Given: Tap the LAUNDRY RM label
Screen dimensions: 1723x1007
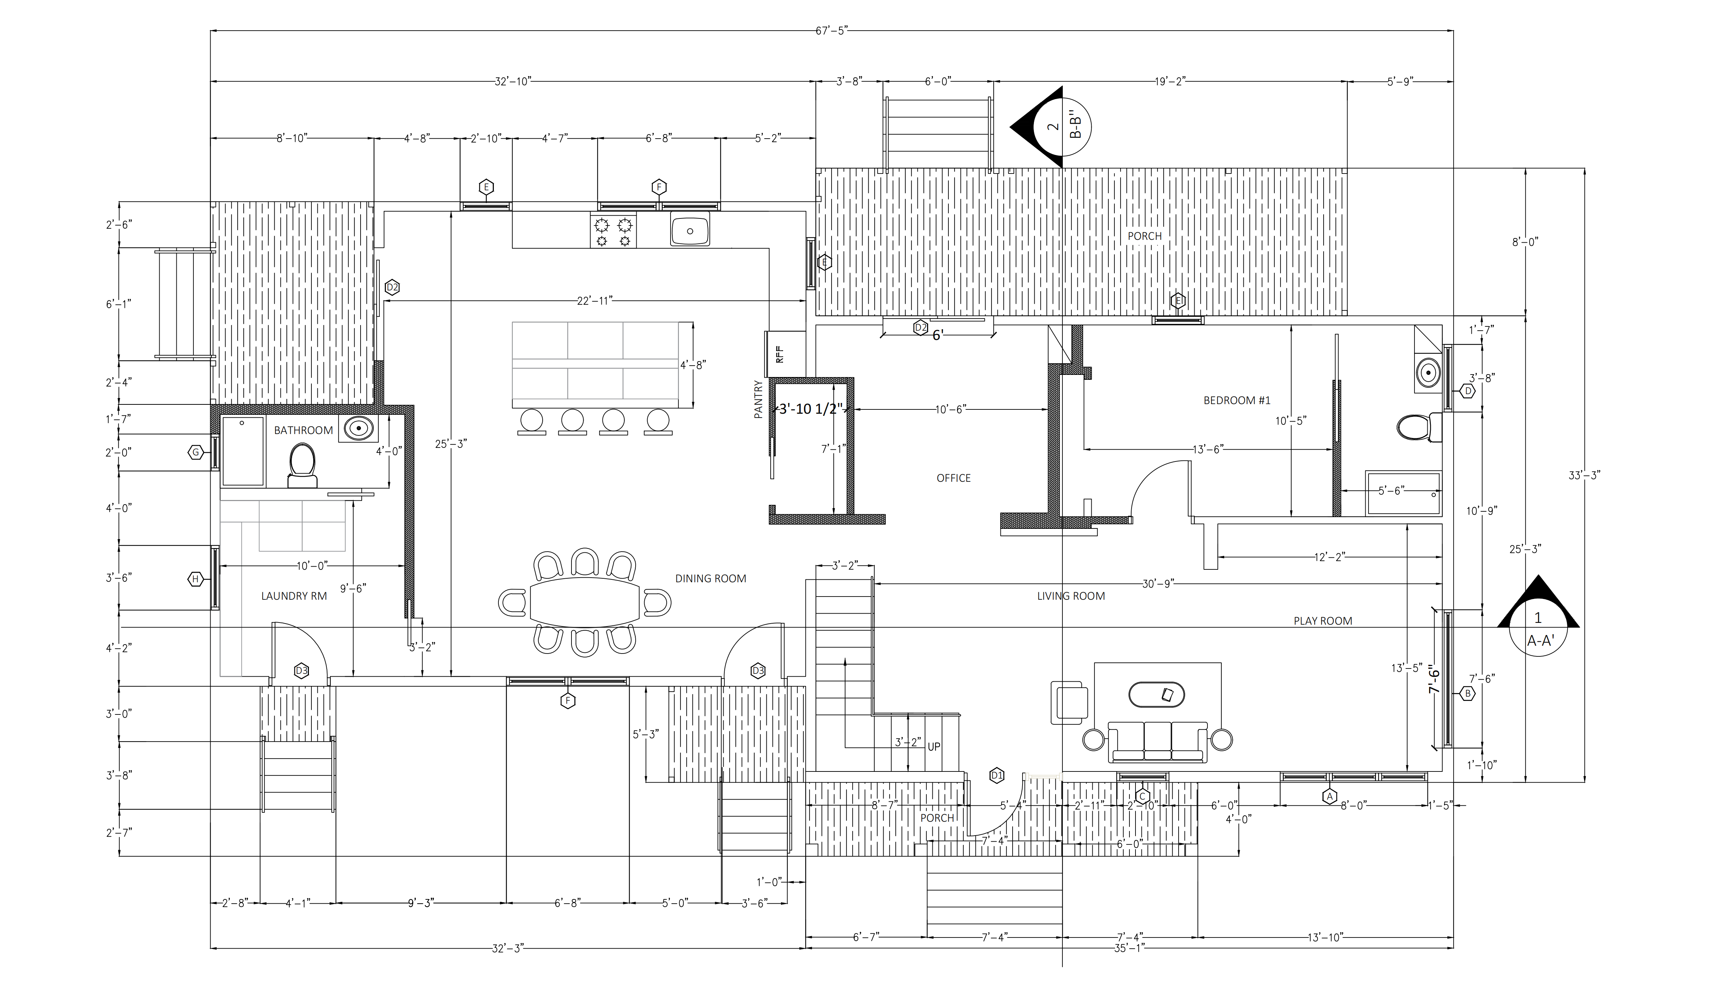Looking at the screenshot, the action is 294,596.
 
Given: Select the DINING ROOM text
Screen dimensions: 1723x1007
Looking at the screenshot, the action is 710,578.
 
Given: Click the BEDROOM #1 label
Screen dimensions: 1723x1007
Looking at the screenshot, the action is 1237,401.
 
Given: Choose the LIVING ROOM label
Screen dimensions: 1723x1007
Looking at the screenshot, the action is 1071,596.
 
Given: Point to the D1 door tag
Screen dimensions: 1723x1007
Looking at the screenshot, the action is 996,775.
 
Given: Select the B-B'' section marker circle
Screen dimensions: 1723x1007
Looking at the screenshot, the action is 1062,126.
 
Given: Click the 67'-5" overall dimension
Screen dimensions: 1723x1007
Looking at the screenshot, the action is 832,31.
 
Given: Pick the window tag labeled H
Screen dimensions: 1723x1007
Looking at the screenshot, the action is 196,579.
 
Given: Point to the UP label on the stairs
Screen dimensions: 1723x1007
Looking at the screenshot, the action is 933,747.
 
